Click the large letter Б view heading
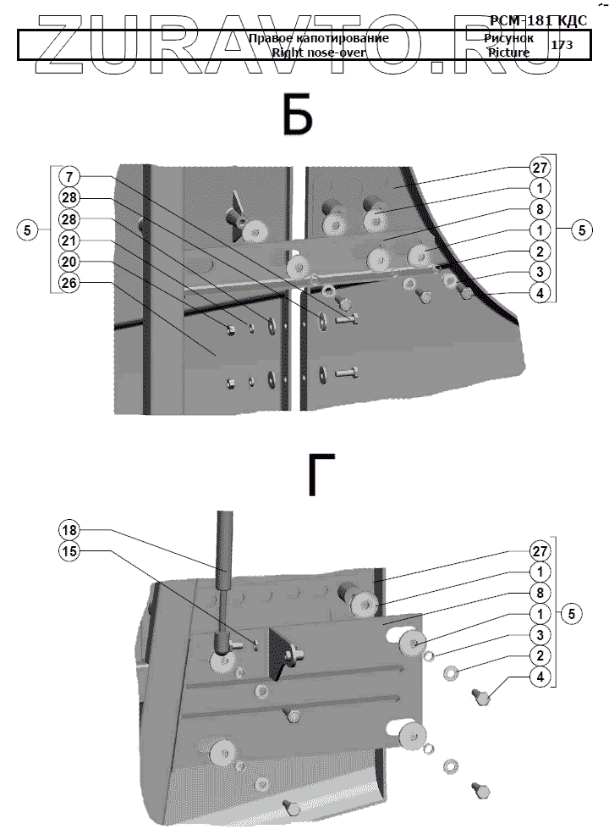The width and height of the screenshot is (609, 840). tap(298, 116)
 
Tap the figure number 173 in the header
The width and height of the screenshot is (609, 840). tap(562, 45)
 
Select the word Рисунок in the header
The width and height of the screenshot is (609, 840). tap(509, 38)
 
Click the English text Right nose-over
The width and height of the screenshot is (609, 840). tap(317, 52)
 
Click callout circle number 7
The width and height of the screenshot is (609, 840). tap(69, 178)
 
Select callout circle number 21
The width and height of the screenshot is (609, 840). tap(69, 241)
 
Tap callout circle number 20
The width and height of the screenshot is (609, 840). tap(69, 262)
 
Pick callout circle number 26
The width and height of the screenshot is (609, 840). tap(69, 284)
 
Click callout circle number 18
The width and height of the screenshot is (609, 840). tap(69, 530)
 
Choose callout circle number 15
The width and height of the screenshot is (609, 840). tap(69, 551)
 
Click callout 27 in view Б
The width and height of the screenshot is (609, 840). tap(541, 166)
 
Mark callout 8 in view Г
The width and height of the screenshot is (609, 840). tap(541, 592)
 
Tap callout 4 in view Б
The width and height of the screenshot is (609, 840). tap(541, 294)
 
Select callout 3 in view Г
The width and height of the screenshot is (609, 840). tap(541, 634)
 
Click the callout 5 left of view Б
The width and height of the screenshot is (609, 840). tap(29, 230)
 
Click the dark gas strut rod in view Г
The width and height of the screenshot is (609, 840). tap(226, 559)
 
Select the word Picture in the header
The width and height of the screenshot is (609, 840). tap(508, 52)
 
